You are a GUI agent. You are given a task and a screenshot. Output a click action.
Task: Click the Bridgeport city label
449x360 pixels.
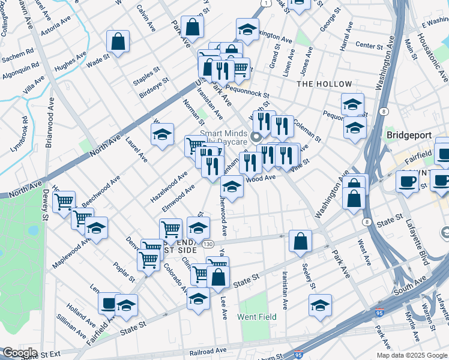click(x=409, y=136)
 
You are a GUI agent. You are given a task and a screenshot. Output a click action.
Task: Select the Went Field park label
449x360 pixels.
click(x=257, y=317)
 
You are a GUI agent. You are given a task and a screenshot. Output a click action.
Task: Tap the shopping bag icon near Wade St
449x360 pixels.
click(x=118, y=42)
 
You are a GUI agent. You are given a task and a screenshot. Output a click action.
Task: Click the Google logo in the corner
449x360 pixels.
click(x=19, y=353)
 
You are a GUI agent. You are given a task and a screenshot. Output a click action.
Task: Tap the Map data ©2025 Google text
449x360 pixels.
click(x=411, y=355)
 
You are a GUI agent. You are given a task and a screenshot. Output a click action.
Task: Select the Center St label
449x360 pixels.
click(x=369, y=46)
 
